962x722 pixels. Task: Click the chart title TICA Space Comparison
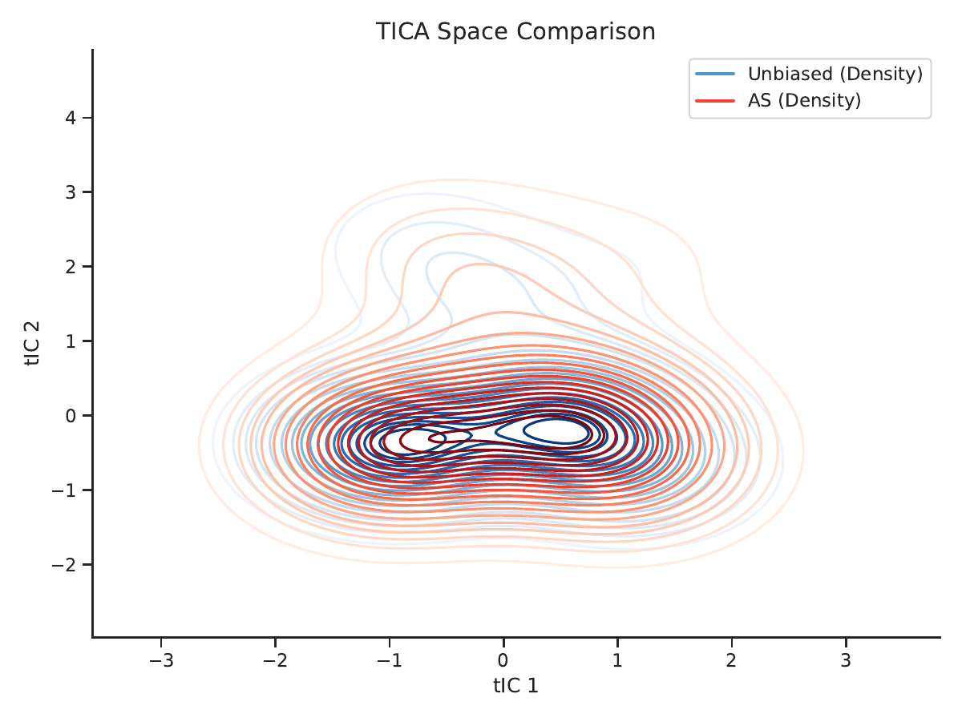click(x=515, y=31)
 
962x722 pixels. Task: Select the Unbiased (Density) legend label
click(x=835, y=74)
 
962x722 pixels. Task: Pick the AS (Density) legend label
click(x=804, y=100)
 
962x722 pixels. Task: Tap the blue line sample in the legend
click(x=715, y=74)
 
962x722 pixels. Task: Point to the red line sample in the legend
click(x=715, y=101)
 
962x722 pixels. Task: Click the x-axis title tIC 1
click(x=515, y=685)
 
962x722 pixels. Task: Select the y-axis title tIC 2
click(x=32, y=344)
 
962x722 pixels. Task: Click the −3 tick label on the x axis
click(x=161, y=660)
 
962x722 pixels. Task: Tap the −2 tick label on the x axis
click(x=275, y=660)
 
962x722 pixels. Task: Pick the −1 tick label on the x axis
click(x=389, y=660)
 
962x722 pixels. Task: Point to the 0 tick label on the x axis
click(x=503, y=660)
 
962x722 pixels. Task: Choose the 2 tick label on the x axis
click(x=731, y=660)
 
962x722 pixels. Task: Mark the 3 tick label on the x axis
click(x=846, y=660)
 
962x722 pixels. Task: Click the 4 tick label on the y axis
click(x=71, y=118)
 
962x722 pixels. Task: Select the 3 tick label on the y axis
click(x=71, y=192)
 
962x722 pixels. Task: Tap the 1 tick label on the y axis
click(x=71, y=341)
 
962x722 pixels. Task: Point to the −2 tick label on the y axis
click(x=64, y=565)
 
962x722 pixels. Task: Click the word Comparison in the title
click(x=585, y=31)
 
